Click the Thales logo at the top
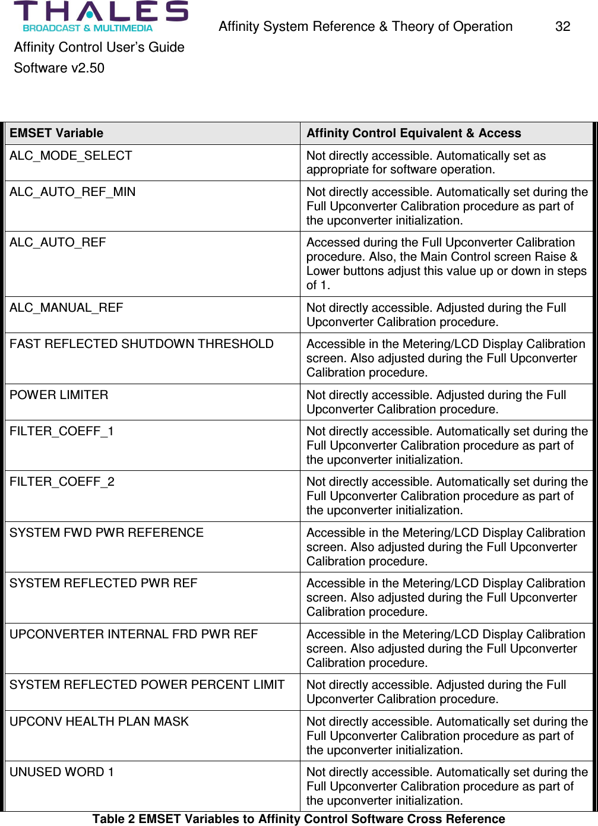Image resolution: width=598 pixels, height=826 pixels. click(100, 16)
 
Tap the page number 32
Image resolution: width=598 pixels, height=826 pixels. click(562, 27)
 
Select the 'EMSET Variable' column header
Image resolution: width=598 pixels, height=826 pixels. click(56, 133)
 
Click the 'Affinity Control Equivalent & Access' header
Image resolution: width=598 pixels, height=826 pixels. click(413, 133)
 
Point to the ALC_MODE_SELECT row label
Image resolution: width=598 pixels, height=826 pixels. click(71, 156)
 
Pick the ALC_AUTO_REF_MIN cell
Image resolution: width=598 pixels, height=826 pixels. click(72, 192)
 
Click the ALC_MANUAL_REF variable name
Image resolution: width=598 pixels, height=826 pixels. click(67, 308)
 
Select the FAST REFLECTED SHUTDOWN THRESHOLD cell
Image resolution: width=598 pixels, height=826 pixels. click(141, 344)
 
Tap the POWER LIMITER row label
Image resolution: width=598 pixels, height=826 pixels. click(59, 395)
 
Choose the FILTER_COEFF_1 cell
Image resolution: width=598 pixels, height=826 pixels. click(62, 431)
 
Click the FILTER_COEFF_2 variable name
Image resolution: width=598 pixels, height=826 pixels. click(62, 482)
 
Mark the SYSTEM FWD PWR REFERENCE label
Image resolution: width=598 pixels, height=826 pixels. click(106, 533)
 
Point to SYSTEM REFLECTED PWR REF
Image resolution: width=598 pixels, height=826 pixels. click(103, 583)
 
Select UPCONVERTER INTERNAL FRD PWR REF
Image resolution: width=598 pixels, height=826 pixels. click(134, 634)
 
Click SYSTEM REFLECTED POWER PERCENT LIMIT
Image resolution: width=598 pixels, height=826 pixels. click(147, 685)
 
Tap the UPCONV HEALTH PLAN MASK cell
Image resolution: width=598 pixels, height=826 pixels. click(99, 721)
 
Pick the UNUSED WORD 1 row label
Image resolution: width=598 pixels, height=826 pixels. click(62, 772)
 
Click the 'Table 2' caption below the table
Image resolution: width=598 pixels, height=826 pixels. click(299, 819)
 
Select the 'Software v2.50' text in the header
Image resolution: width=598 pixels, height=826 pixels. click(59, 68)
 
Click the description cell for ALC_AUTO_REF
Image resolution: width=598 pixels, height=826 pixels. click(445, 264)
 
